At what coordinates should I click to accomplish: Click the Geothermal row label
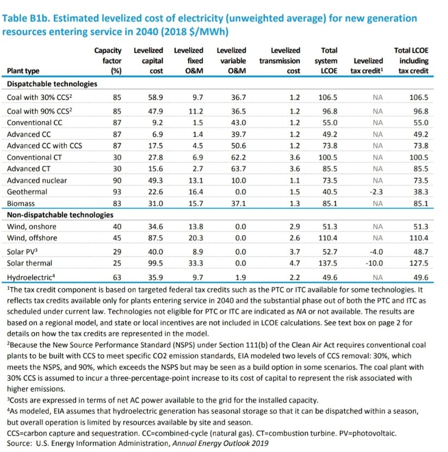coord(27,192)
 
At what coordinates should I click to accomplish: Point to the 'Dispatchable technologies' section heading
coord(52,84)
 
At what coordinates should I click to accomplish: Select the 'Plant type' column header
coord(24,71)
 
